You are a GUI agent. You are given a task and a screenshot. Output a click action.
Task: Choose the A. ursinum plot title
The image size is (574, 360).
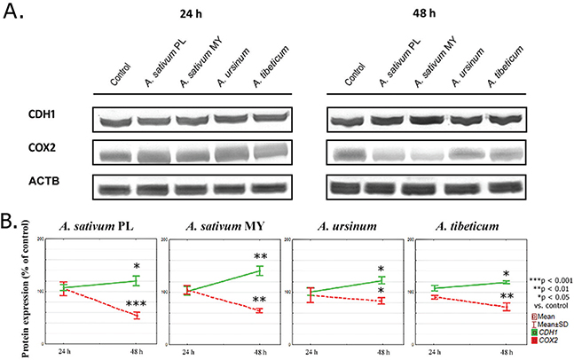340,223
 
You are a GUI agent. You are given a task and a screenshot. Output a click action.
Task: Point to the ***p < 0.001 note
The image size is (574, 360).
549,279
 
